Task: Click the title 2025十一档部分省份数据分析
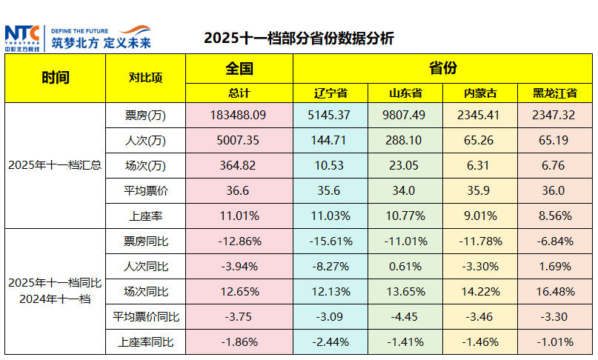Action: (x=299, y=38)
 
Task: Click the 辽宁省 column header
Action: (x=330, y=93)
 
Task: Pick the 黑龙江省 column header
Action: (x=554, y=93)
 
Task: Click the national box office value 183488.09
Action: (x=239, y=115)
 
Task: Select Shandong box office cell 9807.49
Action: (x=405, y=115)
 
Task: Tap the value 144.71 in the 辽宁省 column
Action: (x=330, y=139)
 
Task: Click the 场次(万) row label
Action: (x=145, y=165)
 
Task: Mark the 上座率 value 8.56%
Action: (x=554, y=216)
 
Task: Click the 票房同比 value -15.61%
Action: (x=330, y=241)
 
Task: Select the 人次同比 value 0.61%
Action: (x=405, y=266)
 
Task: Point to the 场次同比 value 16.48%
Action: (x=554, y=291)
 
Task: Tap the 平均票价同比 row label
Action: (x=145, y=317)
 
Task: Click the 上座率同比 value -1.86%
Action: (x=239, y=341)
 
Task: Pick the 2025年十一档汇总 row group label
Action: (x=56, y=165)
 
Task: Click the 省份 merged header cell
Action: (x=442, y=69)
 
